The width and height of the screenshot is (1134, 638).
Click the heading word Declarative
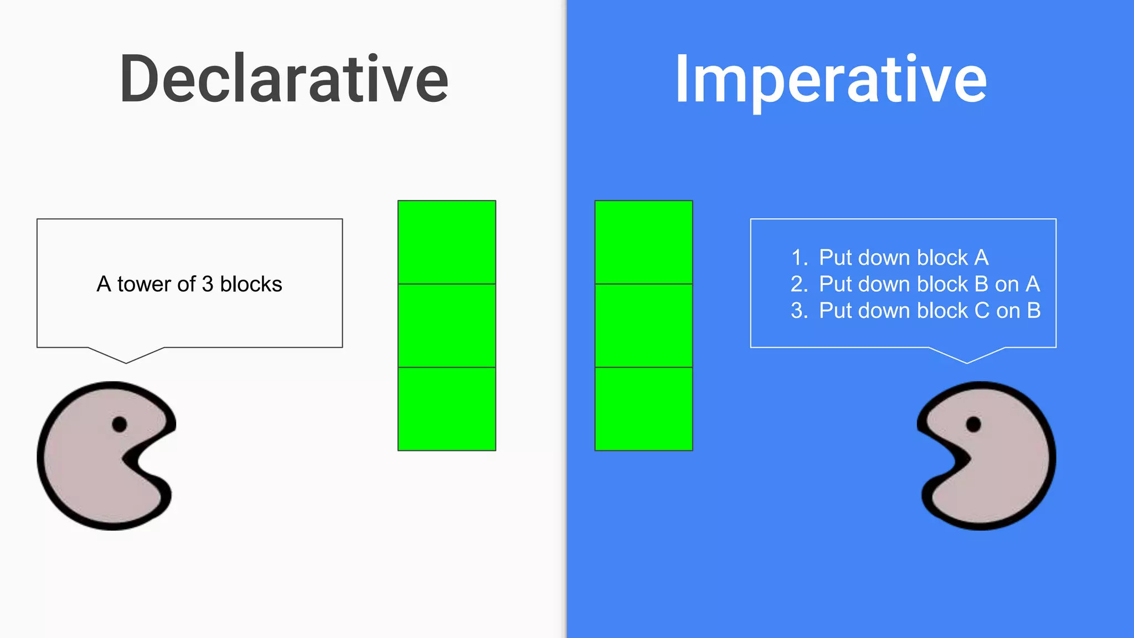pos(283,79)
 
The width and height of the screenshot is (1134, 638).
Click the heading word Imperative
pos(831,79)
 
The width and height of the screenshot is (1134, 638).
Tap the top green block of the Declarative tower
pos(447,243)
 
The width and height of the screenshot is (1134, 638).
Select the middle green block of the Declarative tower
pos(447,326)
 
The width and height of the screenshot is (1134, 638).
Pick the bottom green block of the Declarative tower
pos(447,409)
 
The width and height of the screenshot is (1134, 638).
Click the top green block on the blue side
pos(643,243)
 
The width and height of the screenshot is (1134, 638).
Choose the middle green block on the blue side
pos(643,326)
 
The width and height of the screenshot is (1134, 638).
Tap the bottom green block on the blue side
pos(643,409)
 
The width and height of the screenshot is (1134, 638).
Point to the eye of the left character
pos(119,425)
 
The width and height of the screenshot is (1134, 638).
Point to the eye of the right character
pos(973,425)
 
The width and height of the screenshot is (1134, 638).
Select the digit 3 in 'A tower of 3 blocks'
pos(208,284)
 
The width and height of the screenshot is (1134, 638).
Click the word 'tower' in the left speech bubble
pos(144,284)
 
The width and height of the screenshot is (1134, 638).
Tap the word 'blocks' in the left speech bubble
pos(251,284)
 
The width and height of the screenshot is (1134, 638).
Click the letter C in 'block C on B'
pos(982,311)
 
